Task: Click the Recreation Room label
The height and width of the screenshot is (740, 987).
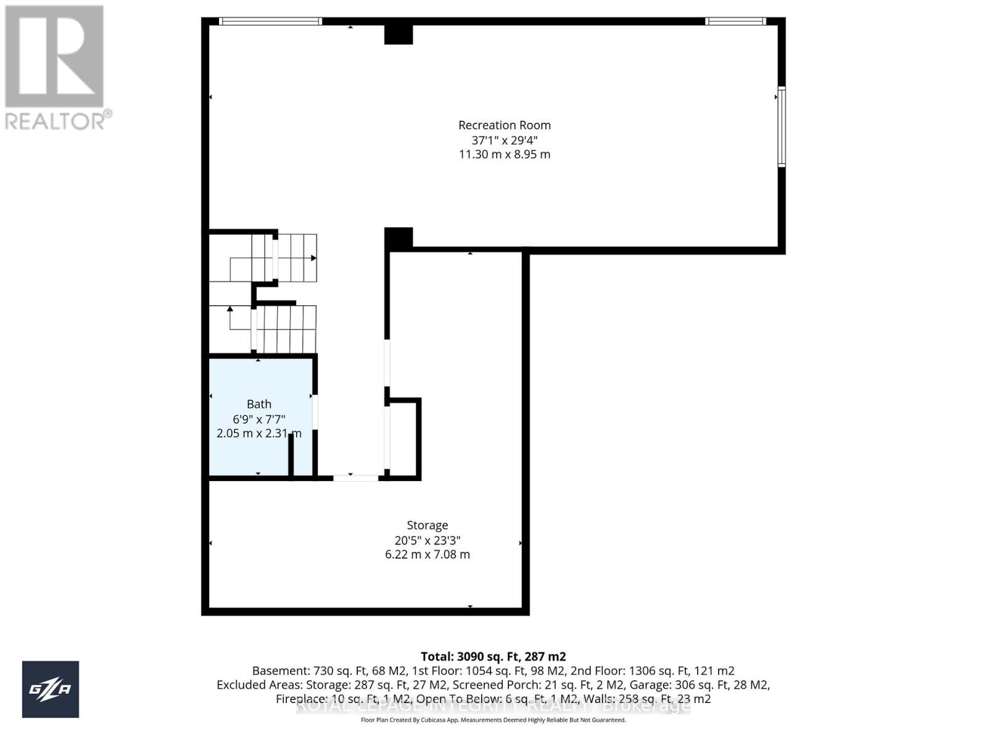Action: tap(504, 125)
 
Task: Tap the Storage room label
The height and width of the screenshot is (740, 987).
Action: tap(427, 525)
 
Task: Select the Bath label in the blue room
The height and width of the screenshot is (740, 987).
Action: tap(259, 405)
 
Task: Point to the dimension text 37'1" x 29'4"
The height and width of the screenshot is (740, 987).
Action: tap(504, 140)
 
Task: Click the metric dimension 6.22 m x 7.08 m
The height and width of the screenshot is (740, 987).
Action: tap(427, 554)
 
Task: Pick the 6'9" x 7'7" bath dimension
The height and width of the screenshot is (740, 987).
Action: tap(259, 419)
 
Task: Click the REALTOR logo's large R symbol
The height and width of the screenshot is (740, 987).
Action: tap(54, 57)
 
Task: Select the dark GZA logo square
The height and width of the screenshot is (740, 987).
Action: tap(51, 689)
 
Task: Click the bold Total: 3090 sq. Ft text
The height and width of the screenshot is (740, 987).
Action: tap(493, 657)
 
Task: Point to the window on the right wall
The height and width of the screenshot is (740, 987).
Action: tap(781, 127)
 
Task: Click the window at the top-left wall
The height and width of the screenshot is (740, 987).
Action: tap(271, 22)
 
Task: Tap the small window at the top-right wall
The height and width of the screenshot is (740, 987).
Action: tap(735, 22)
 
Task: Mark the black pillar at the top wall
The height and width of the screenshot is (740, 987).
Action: tap(399, 34)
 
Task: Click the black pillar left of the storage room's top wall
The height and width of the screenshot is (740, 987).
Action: tap(399, 238)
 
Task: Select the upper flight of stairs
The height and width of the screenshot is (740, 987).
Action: tap(295, 257)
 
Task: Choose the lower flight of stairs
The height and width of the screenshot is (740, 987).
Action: tap(285, 329)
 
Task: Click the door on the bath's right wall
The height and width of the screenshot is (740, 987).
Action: tap(315, 411)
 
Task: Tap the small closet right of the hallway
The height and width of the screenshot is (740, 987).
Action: tap(403, 438)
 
